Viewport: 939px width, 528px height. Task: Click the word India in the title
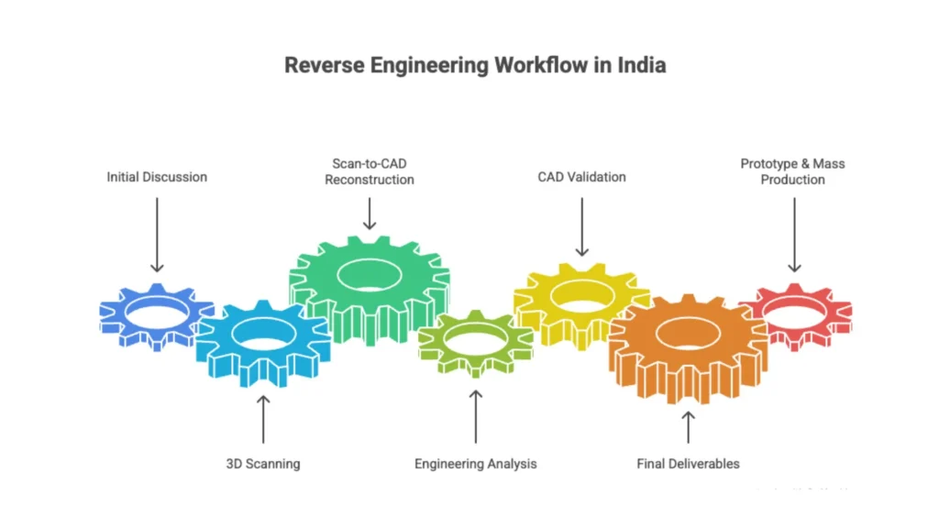[x=641, y=66]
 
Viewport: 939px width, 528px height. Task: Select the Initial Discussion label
[x=157, y=176]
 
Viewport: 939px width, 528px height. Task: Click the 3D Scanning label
[x=263, y=464]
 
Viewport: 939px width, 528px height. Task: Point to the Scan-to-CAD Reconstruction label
[x=370, y=171]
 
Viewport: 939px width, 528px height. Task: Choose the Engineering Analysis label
[x=475, y=464]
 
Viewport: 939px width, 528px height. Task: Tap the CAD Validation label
[x=581, y=176]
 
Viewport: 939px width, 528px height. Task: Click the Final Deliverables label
[x=688, y=464]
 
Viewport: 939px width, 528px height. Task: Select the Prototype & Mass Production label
[x=793, y=171]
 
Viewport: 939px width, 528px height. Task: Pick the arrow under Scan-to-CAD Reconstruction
[x=370, y=213]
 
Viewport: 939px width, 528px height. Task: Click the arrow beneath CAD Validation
[x=581, y=227]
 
